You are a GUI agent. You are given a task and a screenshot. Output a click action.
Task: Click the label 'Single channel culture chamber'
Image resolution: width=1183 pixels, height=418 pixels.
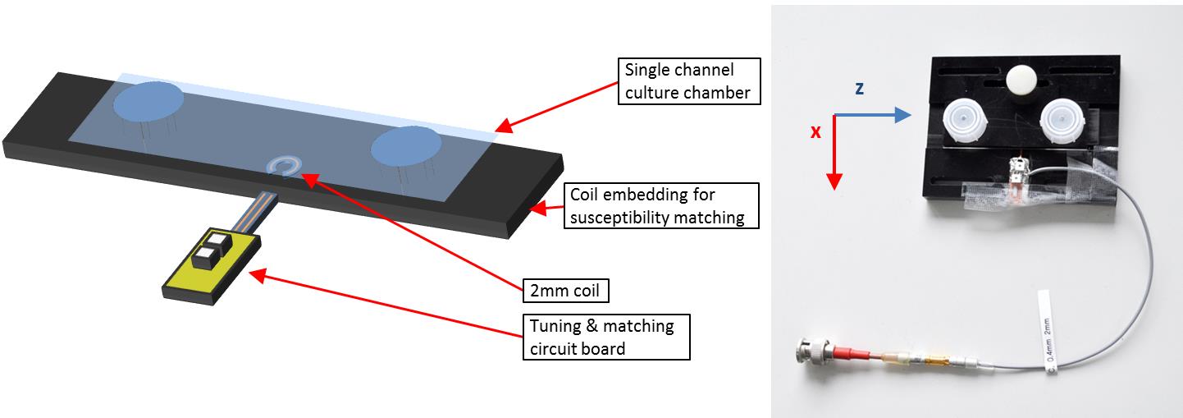point(688,80)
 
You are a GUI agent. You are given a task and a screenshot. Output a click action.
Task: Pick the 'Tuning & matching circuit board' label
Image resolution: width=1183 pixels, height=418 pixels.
point(606,337)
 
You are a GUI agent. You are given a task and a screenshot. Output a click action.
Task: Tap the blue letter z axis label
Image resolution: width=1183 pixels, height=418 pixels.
point(859,90)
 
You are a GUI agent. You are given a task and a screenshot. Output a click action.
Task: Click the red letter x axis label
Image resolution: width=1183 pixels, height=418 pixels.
point(815,131)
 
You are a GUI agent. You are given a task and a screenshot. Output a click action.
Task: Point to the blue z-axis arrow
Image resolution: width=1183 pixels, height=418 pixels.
point(874,117)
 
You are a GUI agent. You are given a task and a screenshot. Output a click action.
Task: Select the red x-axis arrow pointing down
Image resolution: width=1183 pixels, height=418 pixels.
point(834,153)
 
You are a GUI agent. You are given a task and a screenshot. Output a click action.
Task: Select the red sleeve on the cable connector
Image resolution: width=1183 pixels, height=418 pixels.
point(853,356)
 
